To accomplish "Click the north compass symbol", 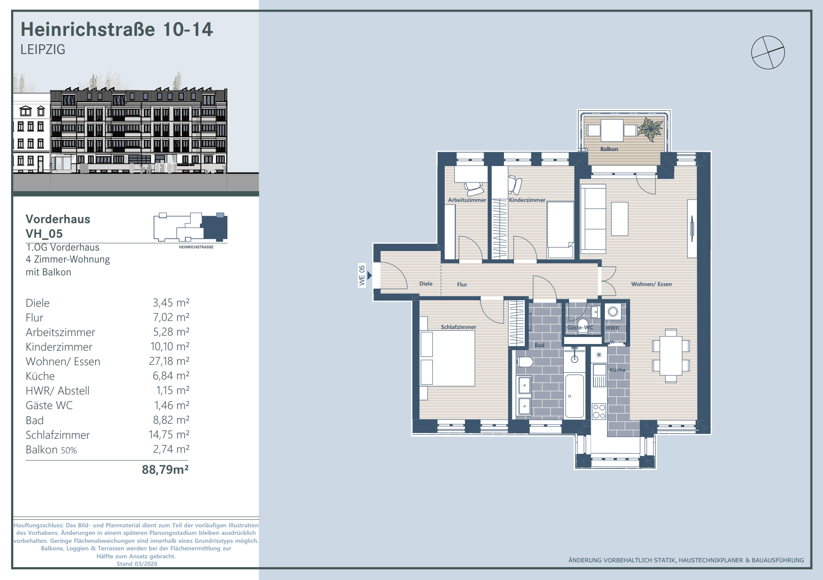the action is (x=768, y=52).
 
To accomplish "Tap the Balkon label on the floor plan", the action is (x=609, y=149).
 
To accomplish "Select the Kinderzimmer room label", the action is (x=527, y=200).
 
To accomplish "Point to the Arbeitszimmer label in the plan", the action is (x=467, y=200).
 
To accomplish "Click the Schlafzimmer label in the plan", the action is (x=458, y=327).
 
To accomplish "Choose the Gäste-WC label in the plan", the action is (x=580, y=328).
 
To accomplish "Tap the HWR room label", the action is (x=612, y=328).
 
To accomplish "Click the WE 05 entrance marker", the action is (x=362, y=275).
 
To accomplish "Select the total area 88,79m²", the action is (x=165, y=469).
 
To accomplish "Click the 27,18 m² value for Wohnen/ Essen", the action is (x=169, y=361).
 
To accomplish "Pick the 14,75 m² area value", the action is (x=169, y=435).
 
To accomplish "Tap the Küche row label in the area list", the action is (x=40, y=376).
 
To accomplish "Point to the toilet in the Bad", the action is (x=524, y=362).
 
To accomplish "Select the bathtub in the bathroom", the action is (x=574, y=396).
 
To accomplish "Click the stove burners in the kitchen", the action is (x=599, y=411).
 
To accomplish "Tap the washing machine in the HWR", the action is (x=613, y=312).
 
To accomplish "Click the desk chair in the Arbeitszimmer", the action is (x=473, y=189).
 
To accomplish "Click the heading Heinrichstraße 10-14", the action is (x=117, y=30).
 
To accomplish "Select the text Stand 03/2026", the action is (x=137, y=564).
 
